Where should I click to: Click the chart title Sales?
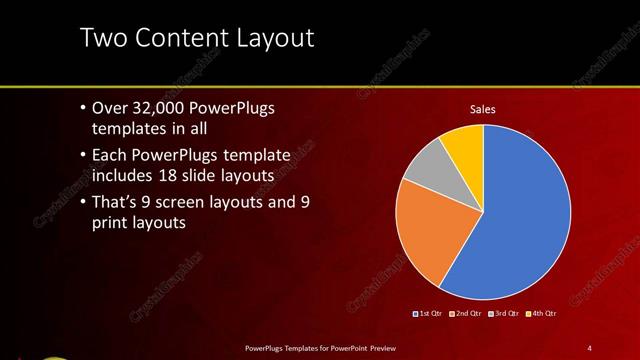483,109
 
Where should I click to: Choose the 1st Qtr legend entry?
430,314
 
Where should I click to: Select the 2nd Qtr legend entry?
466,314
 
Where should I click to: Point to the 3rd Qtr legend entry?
503,314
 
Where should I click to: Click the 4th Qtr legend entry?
540,314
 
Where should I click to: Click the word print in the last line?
112,224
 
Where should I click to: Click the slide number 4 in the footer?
589,347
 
